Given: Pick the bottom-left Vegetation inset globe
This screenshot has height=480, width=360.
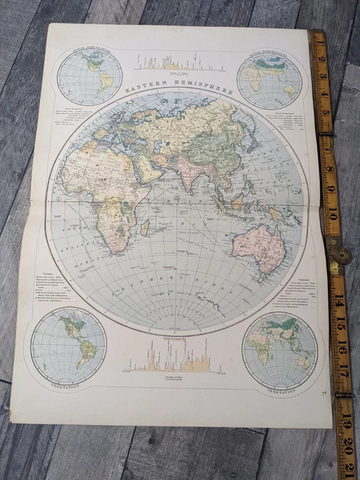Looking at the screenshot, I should tap(69, 345).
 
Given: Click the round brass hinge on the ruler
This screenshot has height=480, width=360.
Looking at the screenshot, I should tap(341, 255).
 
